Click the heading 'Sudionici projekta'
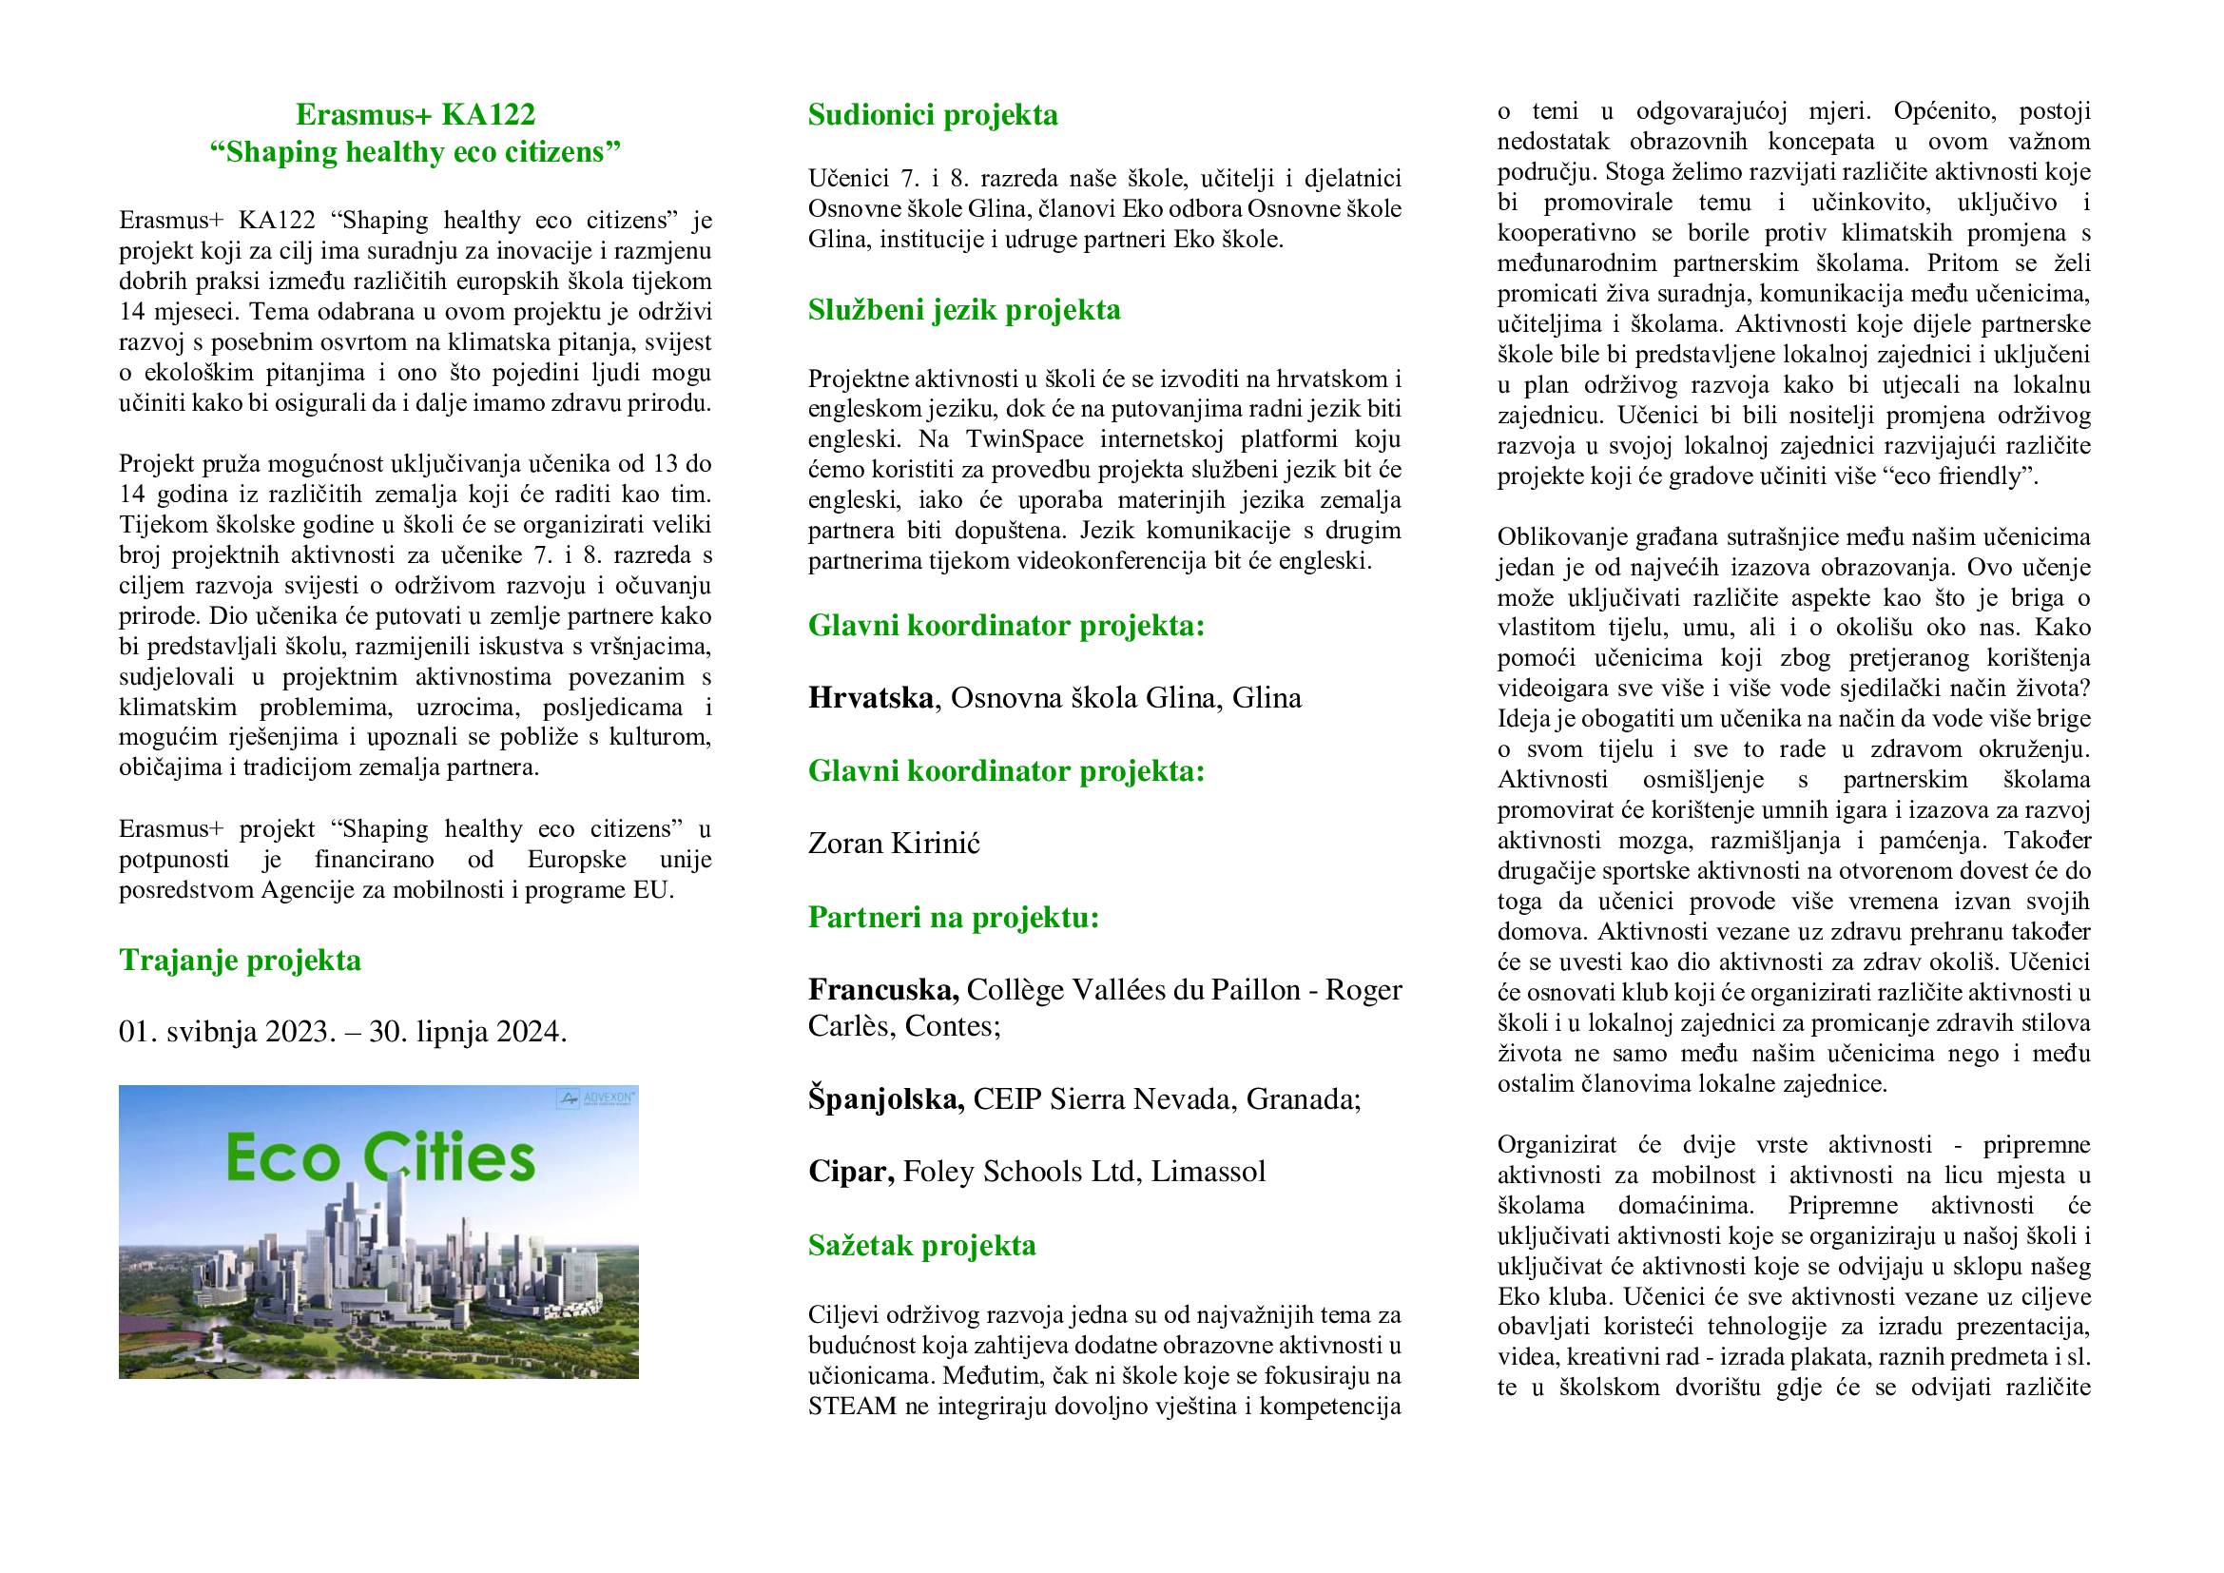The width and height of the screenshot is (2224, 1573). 933,115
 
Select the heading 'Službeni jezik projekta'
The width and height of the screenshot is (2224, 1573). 964,310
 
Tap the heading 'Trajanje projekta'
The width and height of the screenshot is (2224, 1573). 241,960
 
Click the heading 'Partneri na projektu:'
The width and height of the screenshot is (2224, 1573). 954,916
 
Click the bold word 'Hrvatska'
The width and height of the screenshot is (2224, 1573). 870,697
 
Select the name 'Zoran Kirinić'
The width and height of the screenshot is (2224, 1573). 894,843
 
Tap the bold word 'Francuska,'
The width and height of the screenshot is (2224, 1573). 883,989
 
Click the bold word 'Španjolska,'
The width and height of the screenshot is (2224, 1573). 885,1098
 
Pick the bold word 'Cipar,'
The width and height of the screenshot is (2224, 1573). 851,1171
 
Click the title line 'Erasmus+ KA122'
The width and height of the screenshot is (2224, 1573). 416,115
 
